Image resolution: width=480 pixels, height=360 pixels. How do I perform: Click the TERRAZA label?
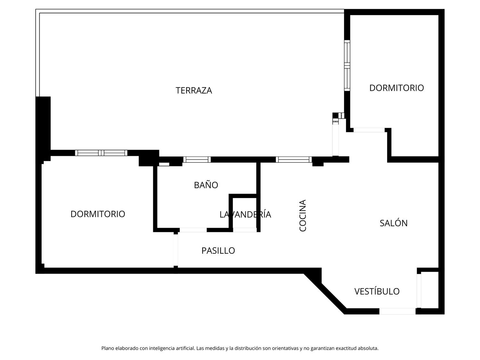194,91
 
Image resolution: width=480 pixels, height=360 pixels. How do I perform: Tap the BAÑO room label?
206,185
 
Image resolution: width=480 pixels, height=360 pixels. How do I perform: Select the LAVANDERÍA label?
245,214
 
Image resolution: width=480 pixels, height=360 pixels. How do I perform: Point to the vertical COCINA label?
303,215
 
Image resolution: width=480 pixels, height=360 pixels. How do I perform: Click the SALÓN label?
393,223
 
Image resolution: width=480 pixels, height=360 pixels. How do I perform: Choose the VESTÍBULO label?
377,291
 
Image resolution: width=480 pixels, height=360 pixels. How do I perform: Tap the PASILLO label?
218,251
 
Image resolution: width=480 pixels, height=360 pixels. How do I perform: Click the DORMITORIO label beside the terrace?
396,88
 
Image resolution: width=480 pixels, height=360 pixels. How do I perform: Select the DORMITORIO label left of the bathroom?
98,214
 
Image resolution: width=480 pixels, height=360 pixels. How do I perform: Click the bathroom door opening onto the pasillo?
193,230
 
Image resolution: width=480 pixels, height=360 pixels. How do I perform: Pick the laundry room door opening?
245,230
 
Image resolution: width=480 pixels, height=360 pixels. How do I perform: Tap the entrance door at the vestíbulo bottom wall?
397,311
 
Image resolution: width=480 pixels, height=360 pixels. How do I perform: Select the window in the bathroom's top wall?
197,160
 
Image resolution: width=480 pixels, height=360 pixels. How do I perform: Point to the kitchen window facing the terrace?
293,160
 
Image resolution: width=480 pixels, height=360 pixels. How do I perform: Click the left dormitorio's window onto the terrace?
101,153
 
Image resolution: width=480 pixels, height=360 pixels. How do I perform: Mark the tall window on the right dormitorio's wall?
347,65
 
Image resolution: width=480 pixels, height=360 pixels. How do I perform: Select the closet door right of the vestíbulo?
419,291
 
